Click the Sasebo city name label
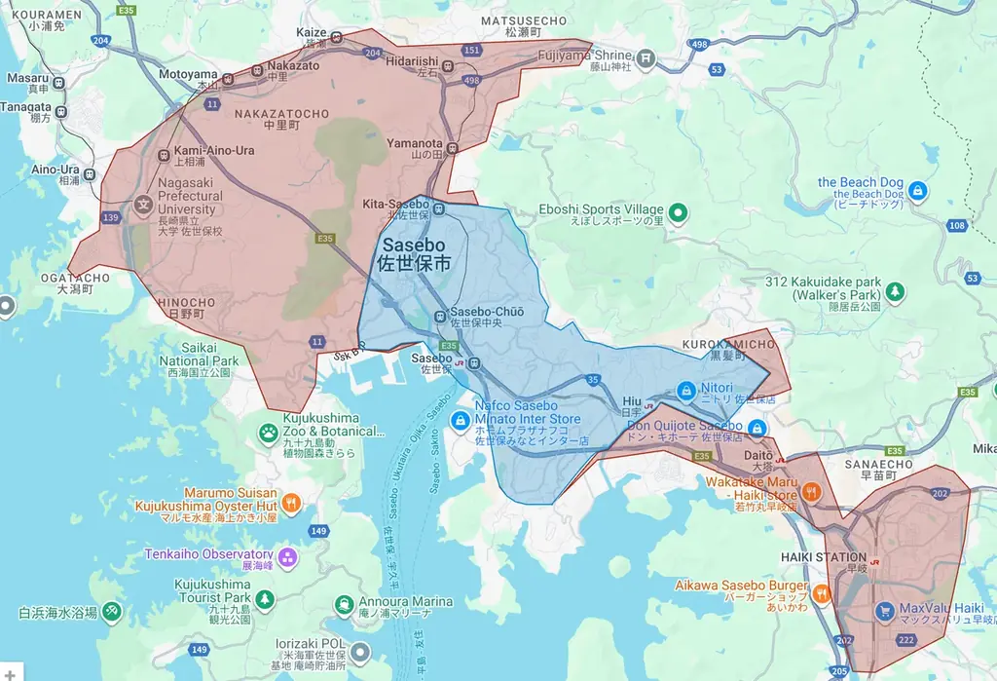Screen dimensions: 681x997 414,253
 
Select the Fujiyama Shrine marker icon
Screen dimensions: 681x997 647,60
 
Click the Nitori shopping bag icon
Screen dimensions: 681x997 685,389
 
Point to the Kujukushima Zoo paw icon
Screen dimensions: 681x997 268,431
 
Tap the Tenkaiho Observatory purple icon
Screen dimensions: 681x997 286,558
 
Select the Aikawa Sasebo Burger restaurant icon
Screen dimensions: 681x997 822,591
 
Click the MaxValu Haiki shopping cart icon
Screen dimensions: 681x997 884,612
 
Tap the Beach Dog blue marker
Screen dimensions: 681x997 917,189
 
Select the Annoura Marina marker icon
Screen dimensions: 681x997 344,605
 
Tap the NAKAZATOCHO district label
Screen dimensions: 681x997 281,114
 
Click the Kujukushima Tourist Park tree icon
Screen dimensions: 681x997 265,597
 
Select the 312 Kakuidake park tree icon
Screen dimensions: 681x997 893,289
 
